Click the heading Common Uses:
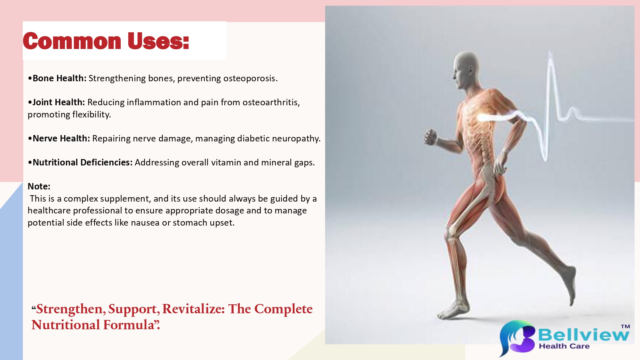point(106,41)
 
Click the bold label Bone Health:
point(60,78)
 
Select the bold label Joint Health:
point(59,102)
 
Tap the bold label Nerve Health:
point(61,139)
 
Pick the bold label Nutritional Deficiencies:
point(83,163)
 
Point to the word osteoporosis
point(250,79)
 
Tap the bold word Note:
point(39,187)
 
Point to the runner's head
point(466,70)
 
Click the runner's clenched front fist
point(431,137)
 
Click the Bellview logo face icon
point(517,338)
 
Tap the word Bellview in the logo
point(584,335)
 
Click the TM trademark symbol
point(625,326)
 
